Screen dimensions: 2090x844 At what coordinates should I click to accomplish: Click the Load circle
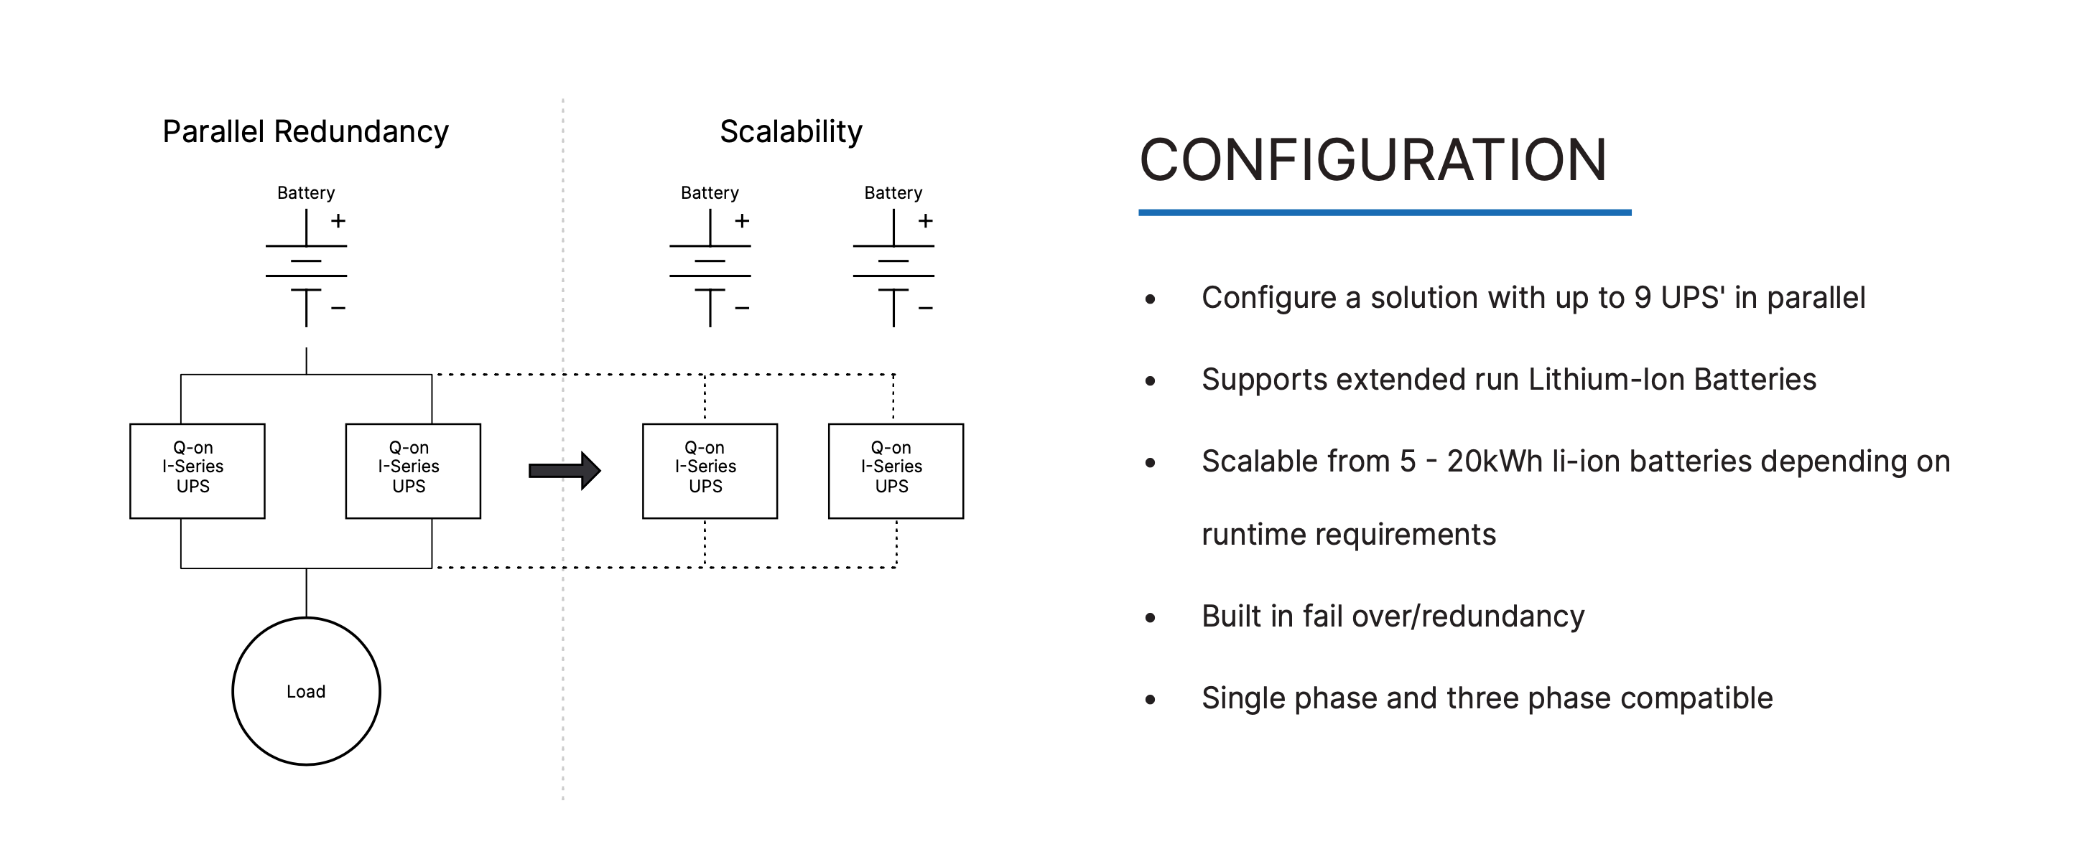[x=306, y=619]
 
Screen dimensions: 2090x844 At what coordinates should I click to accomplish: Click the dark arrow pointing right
[x=565, y=470]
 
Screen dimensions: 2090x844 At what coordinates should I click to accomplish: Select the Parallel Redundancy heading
[x=305, y=131]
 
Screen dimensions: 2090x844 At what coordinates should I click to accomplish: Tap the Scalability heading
[x=791, y=131]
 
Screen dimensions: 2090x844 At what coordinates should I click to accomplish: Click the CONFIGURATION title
[x=1373, y=160]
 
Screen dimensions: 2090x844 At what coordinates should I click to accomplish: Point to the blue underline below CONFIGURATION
[x=1385, y=212]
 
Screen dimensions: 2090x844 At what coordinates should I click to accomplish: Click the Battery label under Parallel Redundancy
[x=306, y=193]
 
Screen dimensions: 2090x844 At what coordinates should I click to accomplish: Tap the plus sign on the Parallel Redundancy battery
[x=338, y=220]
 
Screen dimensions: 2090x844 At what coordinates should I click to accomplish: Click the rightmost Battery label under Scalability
[x=893, y=193]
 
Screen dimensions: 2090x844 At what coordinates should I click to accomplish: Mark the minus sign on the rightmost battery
[x=926, y=308]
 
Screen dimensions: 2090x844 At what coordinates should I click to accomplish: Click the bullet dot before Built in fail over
[x=1150, y=618]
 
